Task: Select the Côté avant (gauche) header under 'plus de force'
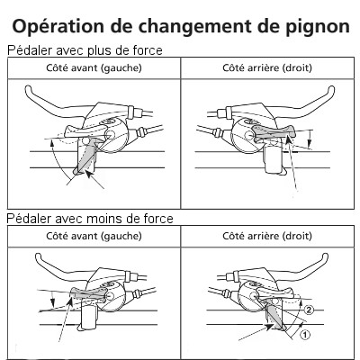(x=93, y=68)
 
